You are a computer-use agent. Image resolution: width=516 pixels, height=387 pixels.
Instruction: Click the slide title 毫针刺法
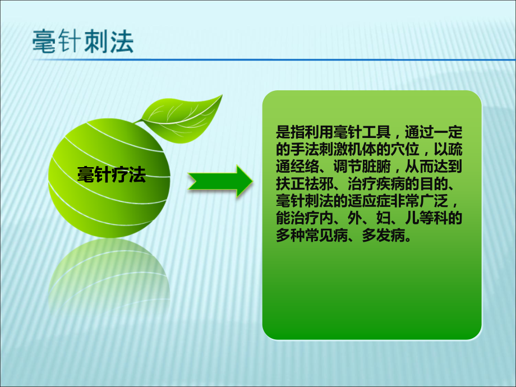(x=84, y=42)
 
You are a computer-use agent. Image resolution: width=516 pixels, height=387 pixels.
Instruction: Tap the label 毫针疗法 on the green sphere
(x=110, y=175)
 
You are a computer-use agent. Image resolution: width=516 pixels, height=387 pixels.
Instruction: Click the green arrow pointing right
(x=220, y=181)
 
